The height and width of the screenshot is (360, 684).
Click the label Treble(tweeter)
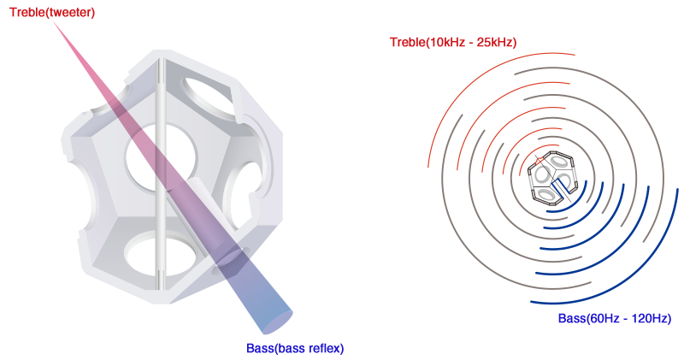(52, 13)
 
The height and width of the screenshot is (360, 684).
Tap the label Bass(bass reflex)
(294, 348)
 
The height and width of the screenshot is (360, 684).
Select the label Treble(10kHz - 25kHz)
(452, 42)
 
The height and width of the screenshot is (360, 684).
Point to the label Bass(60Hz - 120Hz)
(614, 319)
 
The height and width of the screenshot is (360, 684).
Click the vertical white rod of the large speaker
(159, 171)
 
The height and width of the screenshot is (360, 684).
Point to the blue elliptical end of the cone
(275, 322)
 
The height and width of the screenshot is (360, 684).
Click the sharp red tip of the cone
(55, 22)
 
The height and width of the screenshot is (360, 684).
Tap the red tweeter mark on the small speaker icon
(539, 160)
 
